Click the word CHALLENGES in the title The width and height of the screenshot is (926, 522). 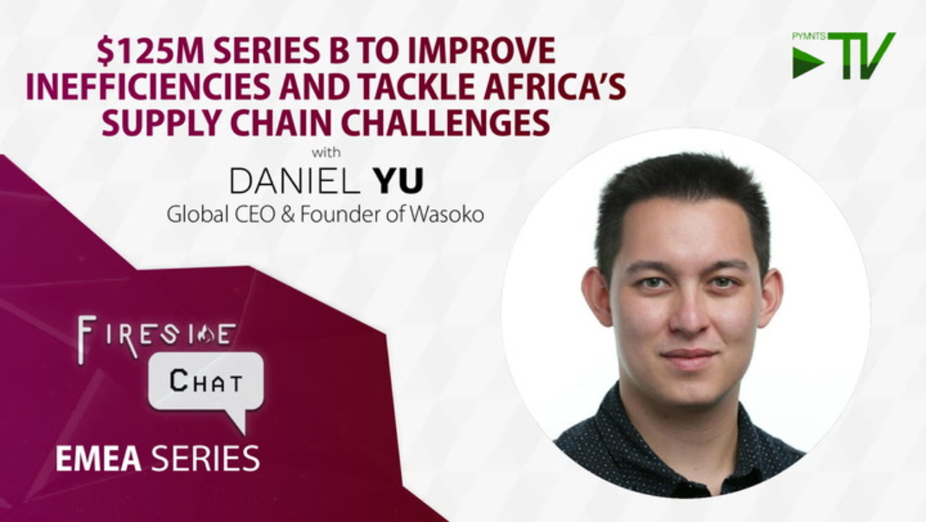[x=446, y=123]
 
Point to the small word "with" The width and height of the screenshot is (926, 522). [x=326, y=152]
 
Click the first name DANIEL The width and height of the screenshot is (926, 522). [x=294, y=181]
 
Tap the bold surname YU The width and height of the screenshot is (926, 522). [x=400, y=181]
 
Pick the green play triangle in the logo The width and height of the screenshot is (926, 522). [x=808, y=63]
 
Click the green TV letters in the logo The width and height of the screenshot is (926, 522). [x=862, y=55]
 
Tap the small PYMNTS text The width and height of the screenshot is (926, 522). [x=809, y=36]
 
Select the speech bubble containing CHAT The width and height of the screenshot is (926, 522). [x=205, y=384]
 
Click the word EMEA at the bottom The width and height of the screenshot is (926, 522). [x=99, y=458]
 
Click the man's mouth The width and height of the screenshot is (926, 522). [x=688, y=357]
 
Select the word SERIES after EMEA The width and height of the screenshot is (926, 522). [x=205, y=458]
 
